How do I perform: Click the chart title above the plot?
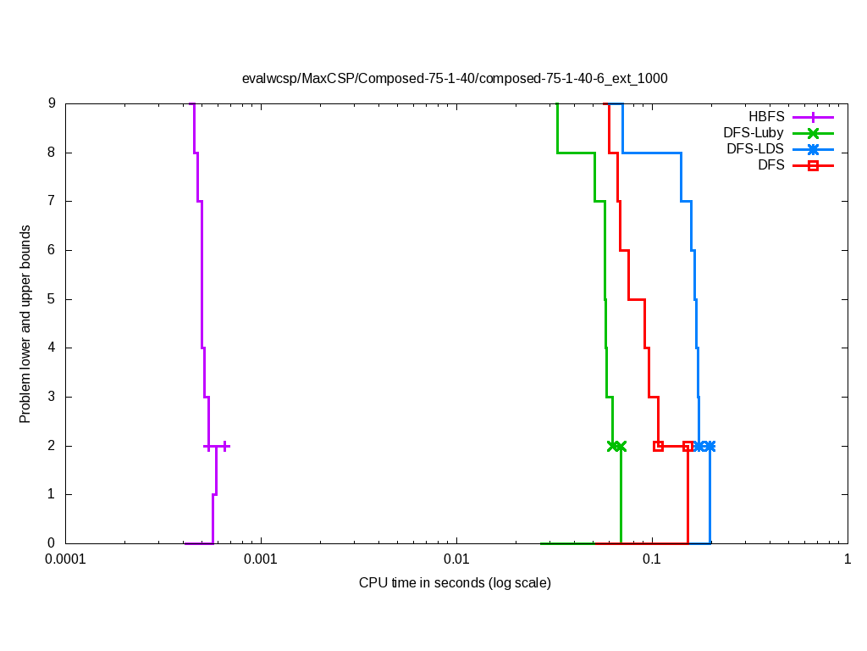tap(455, 78)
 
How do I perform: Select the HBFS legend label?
tap(766, 116)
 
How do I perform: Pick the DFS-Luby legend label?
tap(754, 132)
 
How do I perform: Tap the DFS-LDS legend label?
tap(754, 148)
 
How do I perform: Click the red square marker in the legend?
tap(813, 165)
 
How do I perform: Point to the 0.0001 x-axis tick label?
tap(65, 560)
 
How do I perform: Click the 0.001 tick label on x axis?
tap(261, 560)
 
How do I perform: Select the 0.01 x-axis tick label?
tap(456, 560)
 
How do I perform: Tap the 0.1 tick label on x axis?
tap(652, 560)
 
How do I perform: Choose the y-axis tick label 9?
tap(52, 103)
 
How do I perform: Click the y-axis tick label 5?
tap(52, 299)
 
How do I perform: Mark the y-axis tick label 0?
tap(52, 543)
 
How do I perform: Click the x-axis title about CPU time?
tap(455, 583)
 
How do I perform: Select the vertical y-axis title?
tap(25, 324)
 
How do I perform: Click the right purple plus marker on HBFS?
tap(225, 446)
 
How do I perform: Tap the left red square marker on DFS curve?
tap(658, 446)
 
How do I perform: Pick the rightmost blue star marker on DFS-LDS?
tap(710, 446)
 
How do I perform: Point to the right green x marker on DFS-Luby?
tap(621, 446)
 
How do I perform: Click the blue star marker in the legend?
tap(813, 148)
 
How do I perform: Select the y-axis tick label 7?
tap(52, 202)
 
